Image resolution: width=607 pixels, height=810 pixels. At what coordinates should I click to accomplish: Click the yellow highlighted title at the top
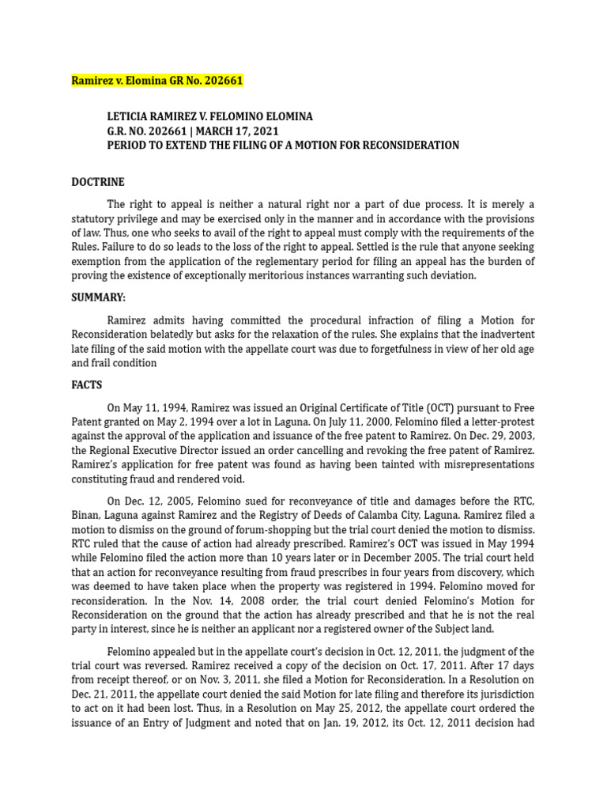tap(157, 81)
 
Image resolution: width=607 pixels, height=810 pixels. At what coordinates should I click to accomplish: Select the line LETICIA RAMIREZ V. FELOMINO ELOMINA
tap(209, 116)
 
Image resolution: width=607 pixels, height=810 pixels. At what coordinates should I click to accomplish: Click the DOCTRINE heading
tap(98, 182)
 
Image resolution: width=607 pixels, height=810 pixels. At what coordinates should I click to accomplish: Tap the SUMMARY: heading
tap(99, 297)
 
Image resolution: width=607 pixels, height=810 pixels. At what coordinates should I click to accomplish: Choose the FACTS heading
tap(87, 385)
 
